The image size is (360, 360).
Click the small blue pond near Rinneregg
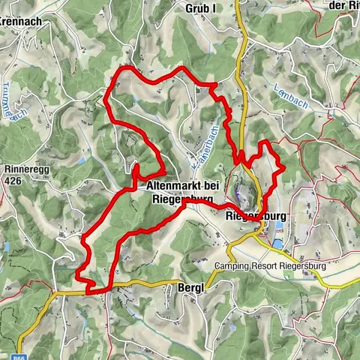coord(8,247)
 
